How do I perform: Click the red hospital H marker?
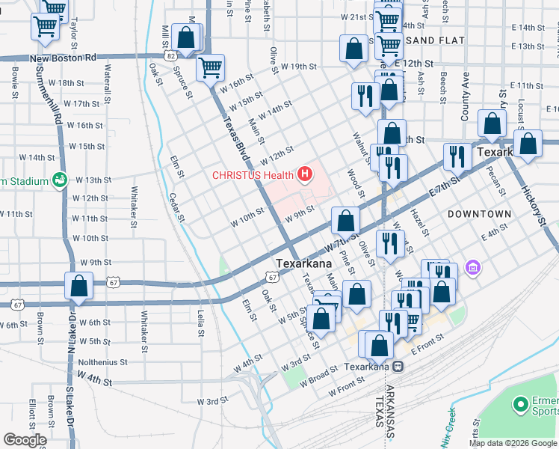point(304,176)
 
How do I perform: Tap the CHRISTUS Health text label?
point(253,176)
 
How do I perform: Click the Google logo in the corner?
point(25,439)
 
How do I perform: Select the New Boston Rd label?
point(64,58)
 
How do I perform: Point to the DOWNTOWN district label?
point(479,214)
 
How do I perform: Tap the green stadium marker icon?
point(58,180)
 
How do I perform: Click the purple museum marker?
point(472,267)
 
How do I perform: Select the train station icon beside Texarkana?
point(398,367)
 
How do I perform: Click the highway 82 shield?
point(172,56)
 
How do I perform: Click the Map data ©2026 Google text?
point(512,443)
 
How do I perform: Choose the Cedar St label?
point(176,207)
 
